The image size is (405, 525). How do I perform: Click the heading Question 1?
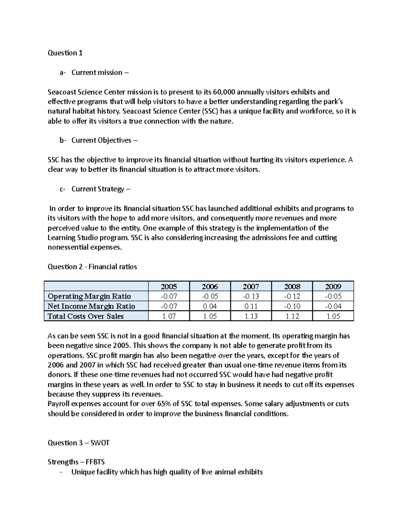(x=65, y=53)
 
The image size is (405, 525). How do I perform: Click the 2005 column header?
(x=169, y=287)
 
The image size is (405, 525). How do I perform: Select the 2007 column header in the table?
(x=251, y=287)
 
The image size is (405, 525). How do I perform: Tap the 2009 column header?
(x=333, y=287)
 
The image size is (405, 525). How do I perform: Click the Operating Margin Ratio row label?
(x=89, y=296)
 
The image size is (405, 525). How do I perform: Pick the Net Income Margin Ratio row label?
(x=91, y=306)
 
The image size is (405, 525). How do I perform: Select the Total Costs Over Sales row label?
(x=86, y=316)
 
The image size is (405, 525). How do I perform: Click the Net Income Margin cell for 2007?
(x=251, y=306)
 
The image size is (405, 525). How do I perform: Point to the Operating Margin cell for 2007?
(x=251, y=296)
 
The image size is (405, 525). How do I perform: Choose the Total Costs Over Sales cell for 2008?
(x=292, y=316)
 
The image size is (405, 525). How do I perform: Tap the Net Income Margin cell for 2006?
(x=210, y=306)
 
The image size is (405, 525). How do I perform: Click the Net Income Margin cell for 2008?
(x=292, y=306)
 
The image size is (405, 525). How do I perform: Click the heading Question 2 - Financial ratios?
(x=92, y=267)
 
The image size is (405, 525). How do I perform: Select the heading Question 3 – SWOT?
(x=79, y=443)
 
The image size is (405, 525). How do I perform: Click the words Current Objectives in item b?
(x=101, y=140)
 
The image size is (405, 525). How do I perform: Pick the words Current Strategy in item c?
(x=98, y=189)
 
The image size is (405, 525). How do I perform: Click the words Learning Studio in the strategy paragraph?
(x=71, y=238)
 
